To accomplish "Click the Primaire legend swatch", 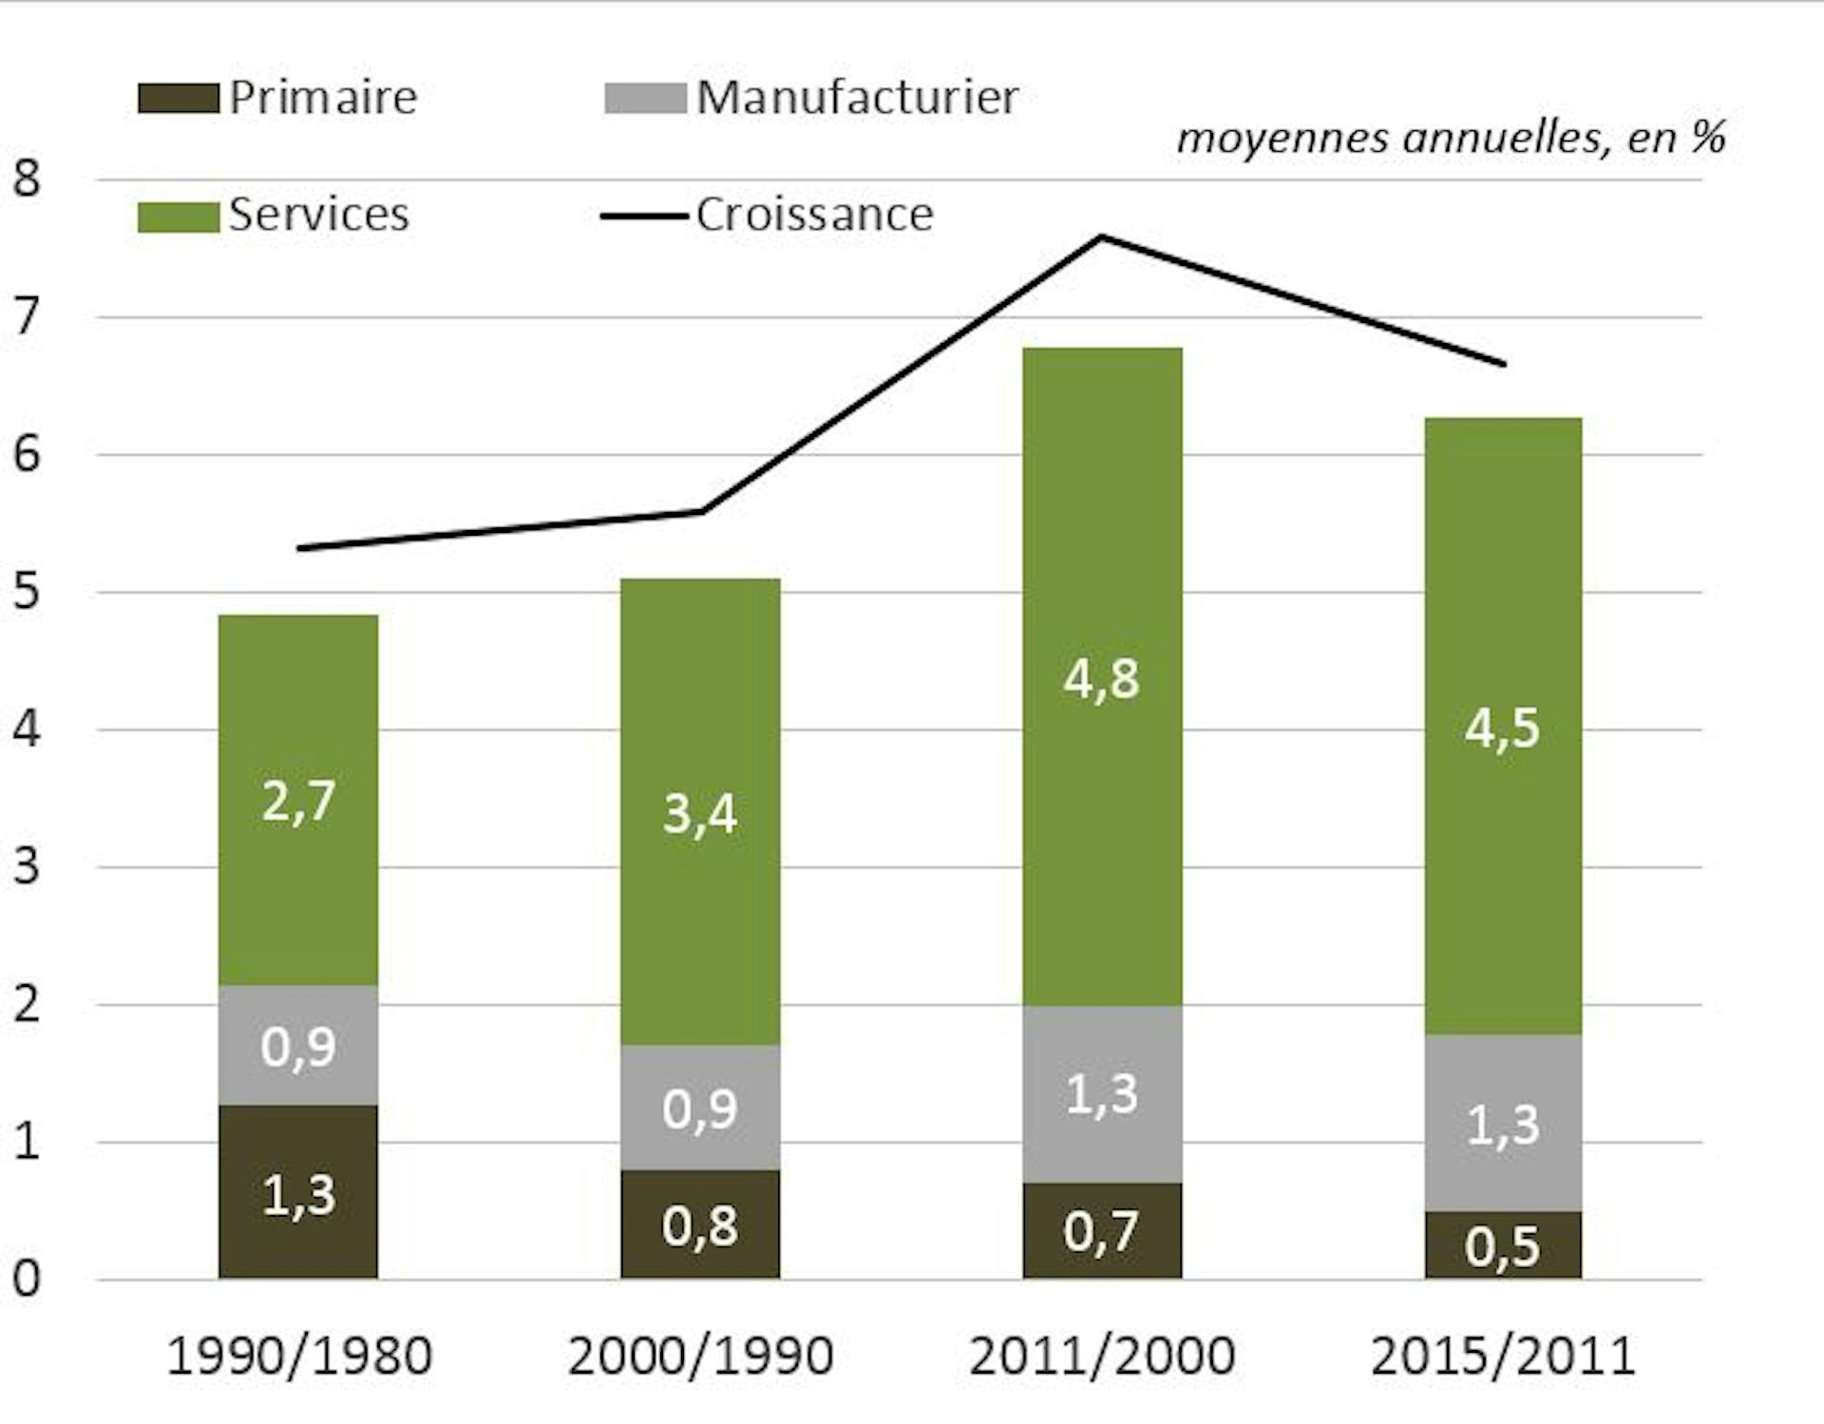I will pyautogui.click(x=178, y=99).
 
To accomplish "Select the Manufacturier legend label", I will pyautogui.click(x=857, y=97).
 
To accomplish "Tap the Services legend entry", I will pyautogui.click(x=318, y=215).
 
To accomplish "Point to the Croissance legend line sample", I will pyautogui.click(x=643, y=217).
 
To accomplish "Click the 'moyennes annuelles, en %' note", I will pyautogui.click(x=1451, y=139).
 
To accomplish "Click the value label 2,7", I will pyautogui.click(x=298, y=801).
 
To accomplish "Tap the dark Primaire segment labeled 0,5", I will pyautogui.click(x=1503, y=1245).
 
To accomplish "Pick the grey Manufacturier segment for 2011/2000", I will pyautogui.click(x=1102, y=1094).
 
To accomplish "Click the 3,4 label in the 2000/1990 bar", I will pyautogui.click(x=700, y=814).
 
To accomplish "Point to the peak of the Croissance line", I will pyautogui.click(x=1102, y=237).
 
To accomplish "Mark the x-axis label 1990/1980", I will pyautogui.click(x=299, y=1356).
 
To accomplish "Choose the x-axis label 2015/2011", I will pyautogui.click(x=1503, y=1356).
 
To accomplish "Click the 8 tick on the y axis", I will pyautogui.click(x=27, y=179).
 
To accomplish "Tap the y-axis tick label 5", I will pyautogui.click(x=27, y=592).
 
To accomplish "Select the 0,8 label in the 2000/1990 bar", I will pyautogui.click(x=700, y=1225).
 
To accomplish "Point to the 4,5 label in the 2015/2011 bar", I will pyautogui.click(x=1502, y=729).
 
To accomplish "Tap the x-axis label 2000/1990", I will pyautogui.click(x=700, y=1356).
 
